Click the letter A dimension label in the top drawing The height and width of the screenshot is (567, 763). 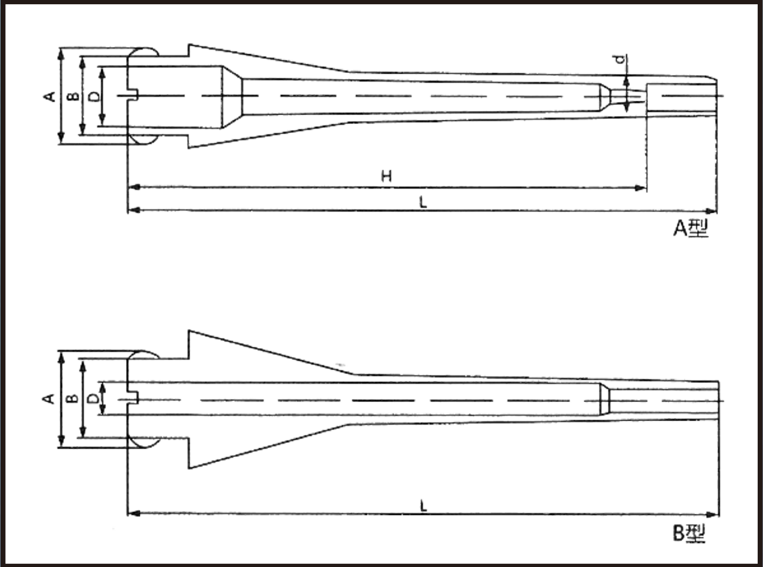pyautogui.click(x=50, y=96)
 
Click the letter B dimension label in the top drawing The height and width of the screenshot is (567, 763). pyautogui.click(x=73, y=97)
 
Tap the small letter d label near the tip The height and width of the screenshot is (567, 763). pyautogui.click(x=620, y=59)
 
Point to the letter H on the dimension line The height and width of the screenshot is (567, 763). pyautogui.click(x=386, y=177)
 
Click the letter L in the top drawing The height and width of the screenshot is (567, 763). pyautogui.click(x=423, y=202)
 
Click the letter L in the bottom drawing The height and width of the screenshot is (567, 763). pyautogui.click(x=423, y=506)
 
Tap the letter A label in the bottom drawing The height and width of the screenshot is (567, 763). pyautogui.click(x=49, y=398)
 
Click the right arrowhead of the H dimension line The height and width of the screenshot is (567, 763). pyautogui.click(x=640, y=188)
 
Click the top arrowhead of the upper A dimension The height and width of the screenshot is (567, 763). pyautogui.click(x=61, y=54)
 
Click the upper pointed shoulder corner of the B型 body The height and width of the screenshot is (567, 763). pyautogui.click(x=189, y=331)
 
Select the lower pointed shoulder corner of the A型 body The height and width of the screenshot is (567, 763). pyautogui.click(x=189, y=148)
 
